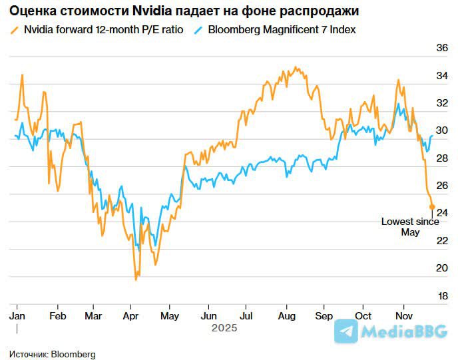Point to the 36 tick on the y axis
pos(441,49)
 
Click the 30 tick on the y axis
pos(441,131)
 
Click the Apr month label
pos(130,315)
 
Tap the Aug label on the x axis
pos(287,315)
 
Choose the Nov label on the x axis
pos(404,315)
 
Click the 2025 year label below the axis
pos(224,328)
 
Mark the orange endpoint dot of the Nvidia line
pos(432,207)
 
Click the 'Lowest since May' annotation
pos(409,227)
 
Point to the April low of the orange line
pos(136,279)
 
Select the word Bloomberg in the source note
pos(73,354)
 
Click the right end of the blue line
pos(432,136)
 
